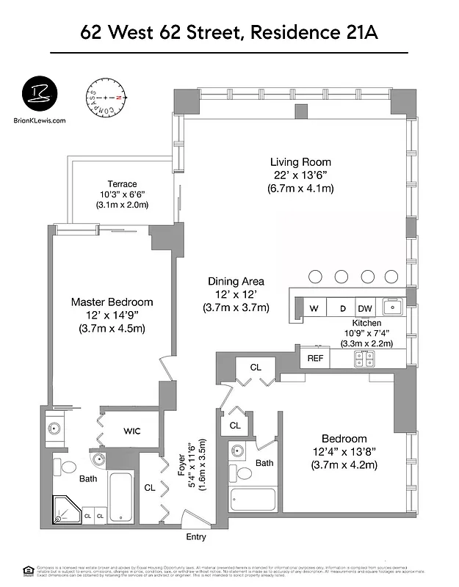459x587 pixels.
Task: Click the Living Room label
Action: pyautogui.click(x=300, y=162)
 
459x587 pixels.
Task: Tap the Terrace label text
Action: pyautogui.click(x=122, y=184)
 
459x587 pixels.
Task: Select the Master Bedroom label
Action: pyautogui.click(x=112, y=302)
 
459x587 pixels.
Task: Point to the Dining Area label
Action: pyautogui.click(x=236, y=281)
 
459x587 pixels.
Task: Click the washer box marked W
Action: pyautogui.click(x=314, y=308)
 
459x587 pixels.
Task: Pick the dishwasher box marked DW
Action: pyautogui.click(x=365, y=308)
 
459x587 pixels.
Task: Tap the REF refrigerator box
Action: pyautogui.click(x=315, y=358)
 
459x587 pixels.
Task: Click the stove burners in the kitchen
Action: pyautogui.click(x=365, y=358)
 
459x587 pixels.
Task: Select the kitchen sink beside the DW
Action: pyautogui.click(x=392, y=307)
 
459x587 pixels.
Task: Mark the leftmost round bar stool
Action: pyautogui.click(x=315, y=277)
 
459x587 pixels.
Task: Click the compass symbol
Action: pyautogui.click(x=106, y=98)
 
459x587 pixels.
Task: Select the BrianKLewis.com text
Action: pyautogui.click(x=40, y=121)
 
